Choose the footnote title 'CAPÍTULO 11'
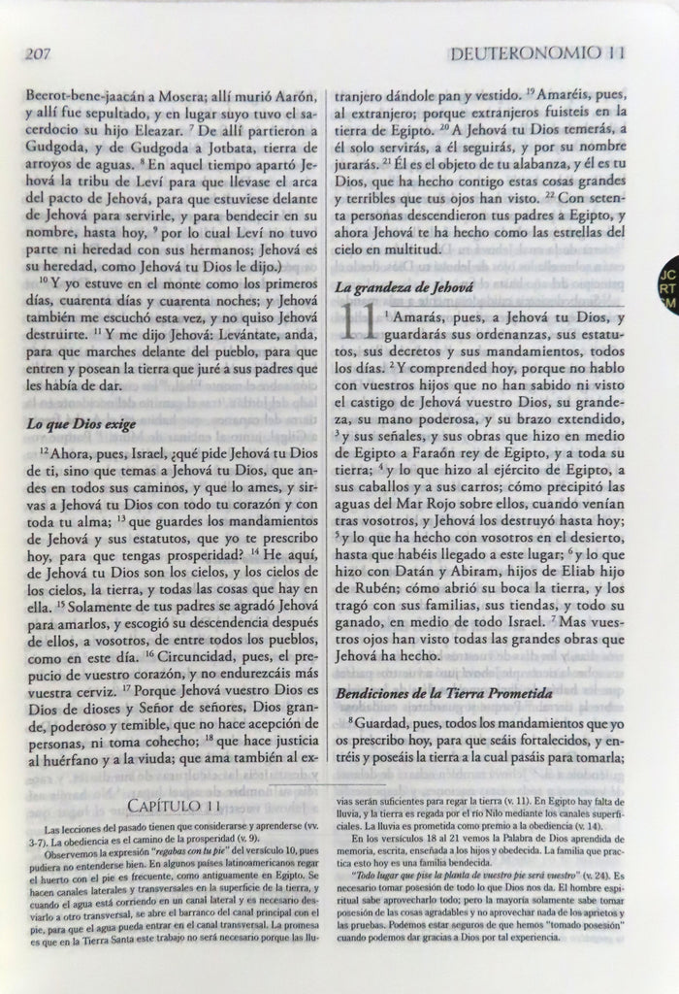coord(175,807)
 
